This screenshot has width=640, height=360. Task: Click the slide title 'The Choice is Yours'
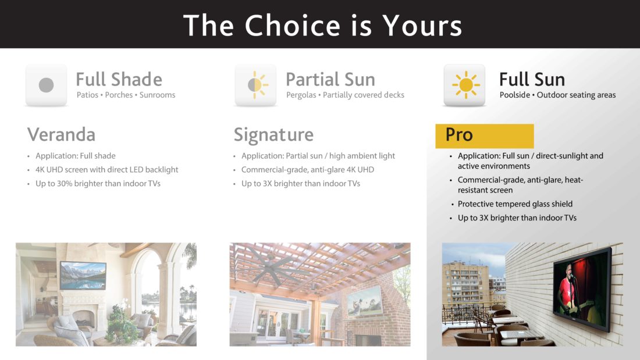pos(322,25)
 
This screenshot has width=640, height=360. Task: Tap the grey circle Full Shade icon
pos(46,85)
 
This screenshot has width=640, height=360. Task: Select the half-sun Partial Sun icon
pos(255,85)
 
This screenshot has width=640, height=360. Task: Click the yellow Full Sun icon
pos(465,85)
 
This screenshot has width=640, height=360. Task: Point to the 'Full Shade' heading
pos(119,79)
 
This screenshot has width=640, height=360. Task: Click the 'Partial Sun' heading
pos(330,79)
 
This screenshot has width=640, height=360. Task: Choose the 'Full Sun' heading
pos(532,79)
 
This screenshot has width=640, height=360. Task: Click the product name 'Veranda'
pos(61,134)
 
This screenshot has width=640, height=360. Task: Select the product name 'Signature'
pos(273,134)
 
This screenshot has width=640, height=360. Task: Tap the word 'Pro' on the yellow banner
pos(459,135)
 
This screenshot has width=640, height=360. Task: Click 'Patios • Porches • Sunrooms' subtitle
pos(126,95)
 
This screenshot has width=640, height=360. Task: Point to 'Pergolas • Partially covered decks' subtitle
pos(345,95)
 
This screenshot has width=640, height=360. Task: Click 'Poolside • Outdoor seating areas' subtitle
pos(557,95)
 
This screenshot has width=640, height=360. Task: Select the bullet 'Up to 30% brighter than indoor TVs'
pos(98,184)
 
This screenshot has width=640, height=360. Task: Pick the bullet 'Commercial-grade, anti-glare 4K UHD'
pos(307,170)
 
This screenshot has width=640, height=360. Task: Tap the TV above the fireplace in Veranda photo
pos(83,275)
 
